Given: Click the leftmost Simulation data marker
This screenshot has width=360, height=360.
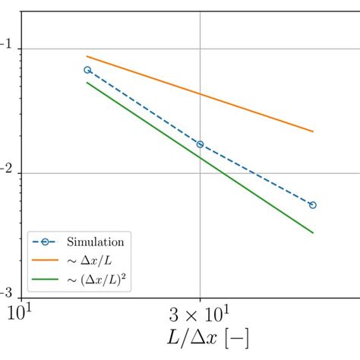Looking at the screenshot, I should coord(87,70).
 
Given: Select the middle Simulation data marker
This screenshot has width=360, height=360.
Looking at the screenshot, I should coord(201,144).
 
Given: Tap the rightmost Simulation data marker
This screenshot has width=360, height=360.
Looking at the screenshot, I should coord(313,205).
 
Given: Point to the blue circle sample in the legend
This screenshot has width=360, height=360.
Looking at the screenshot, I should coord(46,243).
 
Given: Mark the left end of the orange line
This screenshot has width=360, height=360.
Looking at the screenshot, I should coord(87,56).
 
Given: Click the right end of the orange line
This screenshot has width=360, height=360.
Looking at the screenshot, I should coord(313,131).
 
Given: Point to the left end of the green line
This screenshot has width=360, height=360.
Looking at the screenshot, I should coord(87,82).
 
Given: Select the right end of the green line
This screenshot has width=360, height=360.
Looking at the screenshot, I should coord(313,232).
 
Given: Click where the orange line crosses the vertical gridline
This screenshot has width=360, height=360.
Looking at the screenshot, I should coord(201,94).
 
